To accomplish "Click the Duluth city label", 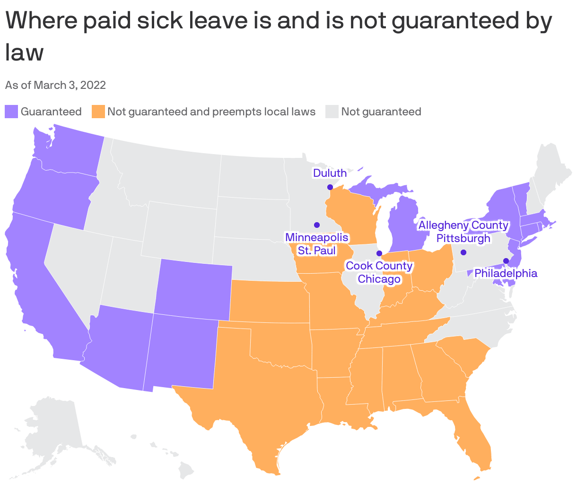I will pyautogui.click(x=330, y=173).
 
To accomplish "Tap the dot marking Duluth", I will pyautogui.click(x=330, y=187).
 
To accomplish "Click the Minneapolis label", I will pyautogui.click(x=317, y=237).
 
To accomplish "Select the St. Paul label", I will pyautogui.click(x=317, y=251).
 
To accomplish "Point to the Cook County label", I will pyautogui.click(x=379, y=266).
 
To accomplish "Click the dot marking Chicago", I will pyautogui.click(x=379, y=253).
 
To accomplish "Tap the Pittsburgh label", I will pyautogui.click(x=463, y=238).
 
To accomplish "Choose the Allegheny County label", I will pyautogui.click(x=463, y=225).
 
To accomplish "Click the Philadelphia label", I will pyautogui.click(x=506, y=273).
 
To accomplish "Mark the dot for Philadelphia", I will pyautogui.click(x=506, y=260).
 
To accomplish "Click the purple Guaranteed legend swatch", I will pyautogui.click(x=11, y=112).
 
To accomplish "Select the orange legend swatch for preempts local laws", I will pyautogui.click(x=98, y=112).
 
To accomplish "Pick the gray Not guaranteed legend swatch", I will pyautogui.click(x=332, y=112).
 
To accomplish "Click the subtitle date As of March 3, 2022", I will pyautogui.click(x=55, y=85).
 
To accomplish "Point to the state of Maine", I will pyautogui.click(x=551, y=165).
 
